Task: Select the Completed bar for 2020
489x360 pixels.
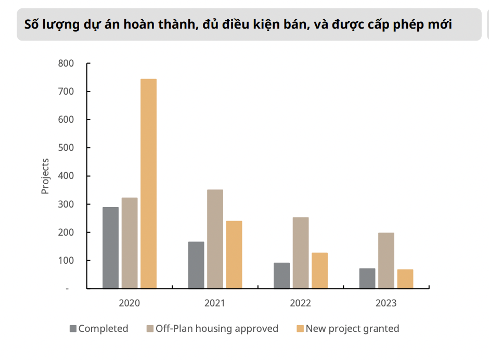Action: [110, 248]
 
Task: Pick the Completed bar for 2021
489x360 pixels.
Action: [196, 265]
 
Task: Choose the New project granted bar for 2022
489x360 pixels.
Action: [319, 271]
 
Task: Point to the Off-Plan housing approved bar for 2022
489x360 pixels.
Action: [301, 253]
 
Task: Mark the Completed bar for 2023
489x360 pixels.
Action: [367, 278]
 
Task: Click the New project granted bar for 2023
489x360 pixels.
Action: [405, 279]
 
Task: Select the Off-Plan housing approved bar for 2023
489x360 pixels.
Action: [386, 261]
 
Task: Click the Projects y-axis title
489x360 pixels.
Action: [45, 176]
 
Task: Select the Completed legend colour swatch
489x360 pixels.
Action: [73, 329]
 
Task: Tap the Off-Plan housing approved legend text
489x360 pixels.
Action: [217, 329]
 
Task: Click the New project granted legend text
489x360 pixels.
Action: [352, 329]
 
